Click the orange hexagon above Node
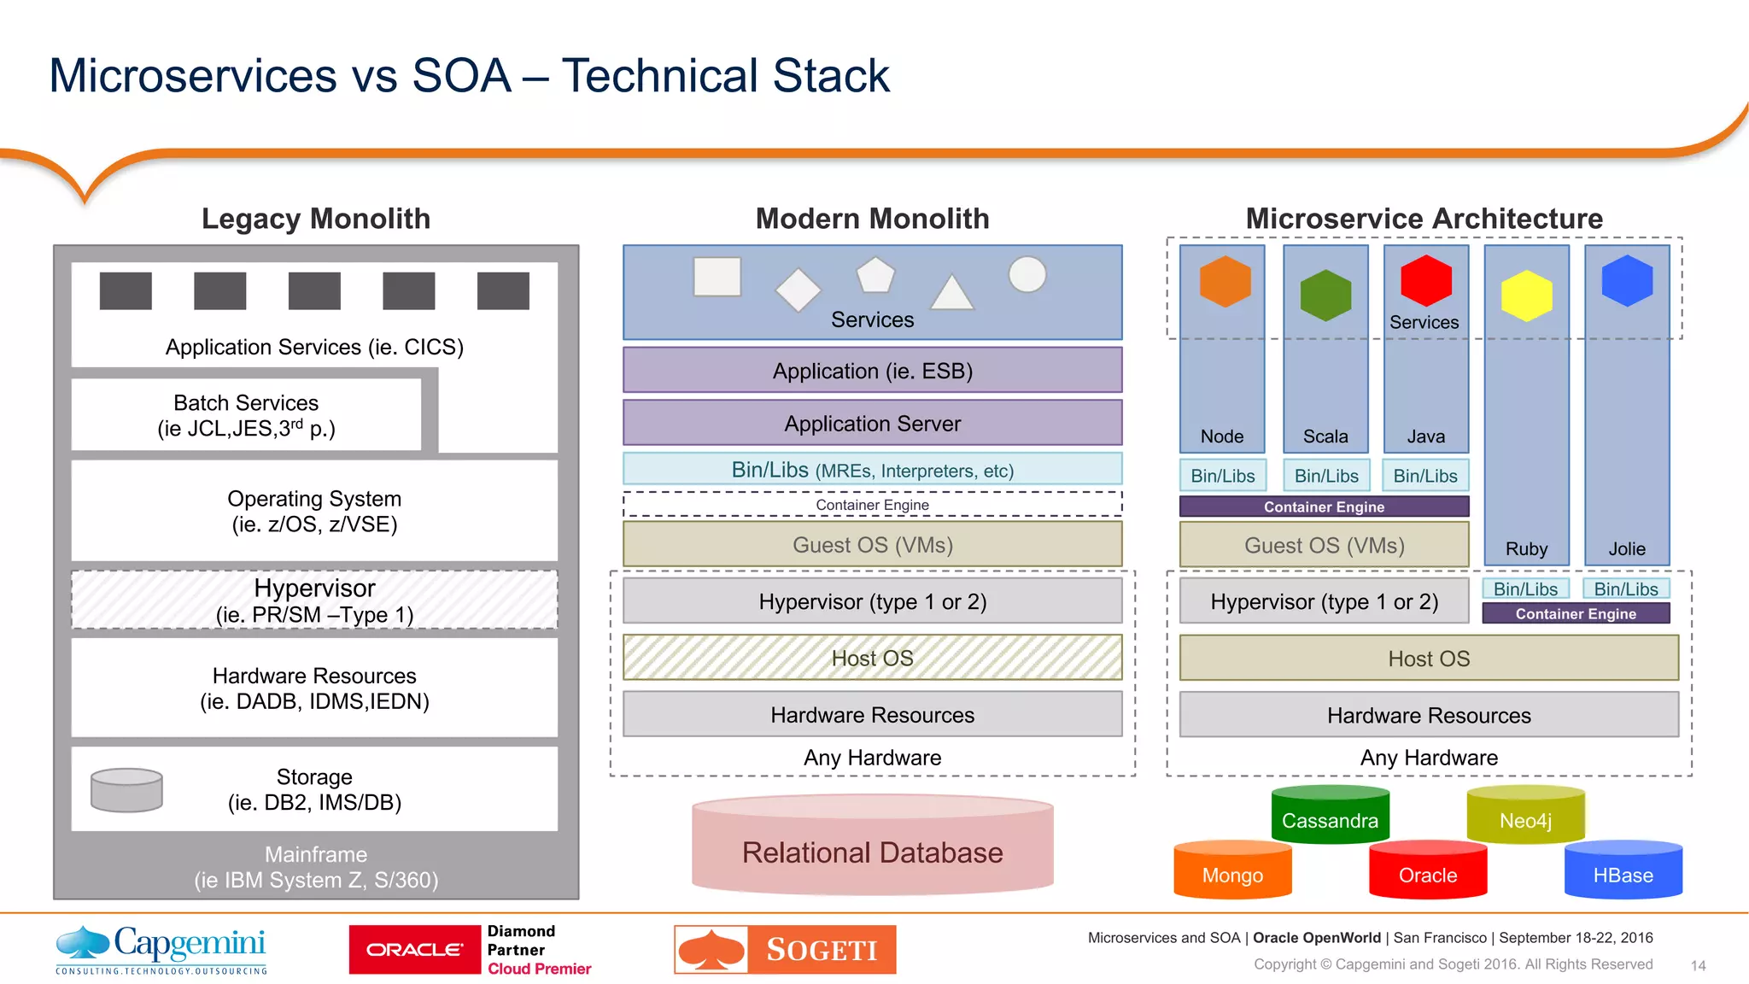click(x=1225, y=281)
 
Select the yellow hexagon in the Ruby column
click(x=1526, y=296)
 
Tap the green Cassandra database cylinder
click(x=1330, y=816)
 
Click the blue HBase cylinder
click(x=1623, y=871)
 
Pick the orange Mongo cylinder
click(x=1232, y=871)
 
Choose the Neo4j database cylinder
click(x=1525, y=816)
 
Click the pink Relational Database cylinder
click(x=872, y=846)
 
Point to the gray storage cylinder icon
click(x=126, y=789)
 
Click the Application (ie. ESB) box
click(x=872, y=371)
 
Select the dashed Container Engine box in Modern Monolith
click(x=872, y=505)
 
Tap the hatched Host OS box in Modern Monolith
click(x=872, y=658)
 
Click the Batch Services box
click(x=246, y=415)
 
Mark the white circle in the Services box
click(x=1027, y=275)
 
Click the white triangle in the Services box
click(x=951, y=293)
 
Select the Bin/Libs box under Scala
click(x=1325, y=476)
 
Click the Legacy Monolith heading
click(x=315, y=219)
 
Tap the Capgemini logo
click(x=161, y=949)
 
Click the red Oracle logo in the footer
click(x=414, y=949)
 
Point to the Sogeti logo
click(x=785, y=949)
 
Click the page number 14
click(x=1698, y=965)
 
